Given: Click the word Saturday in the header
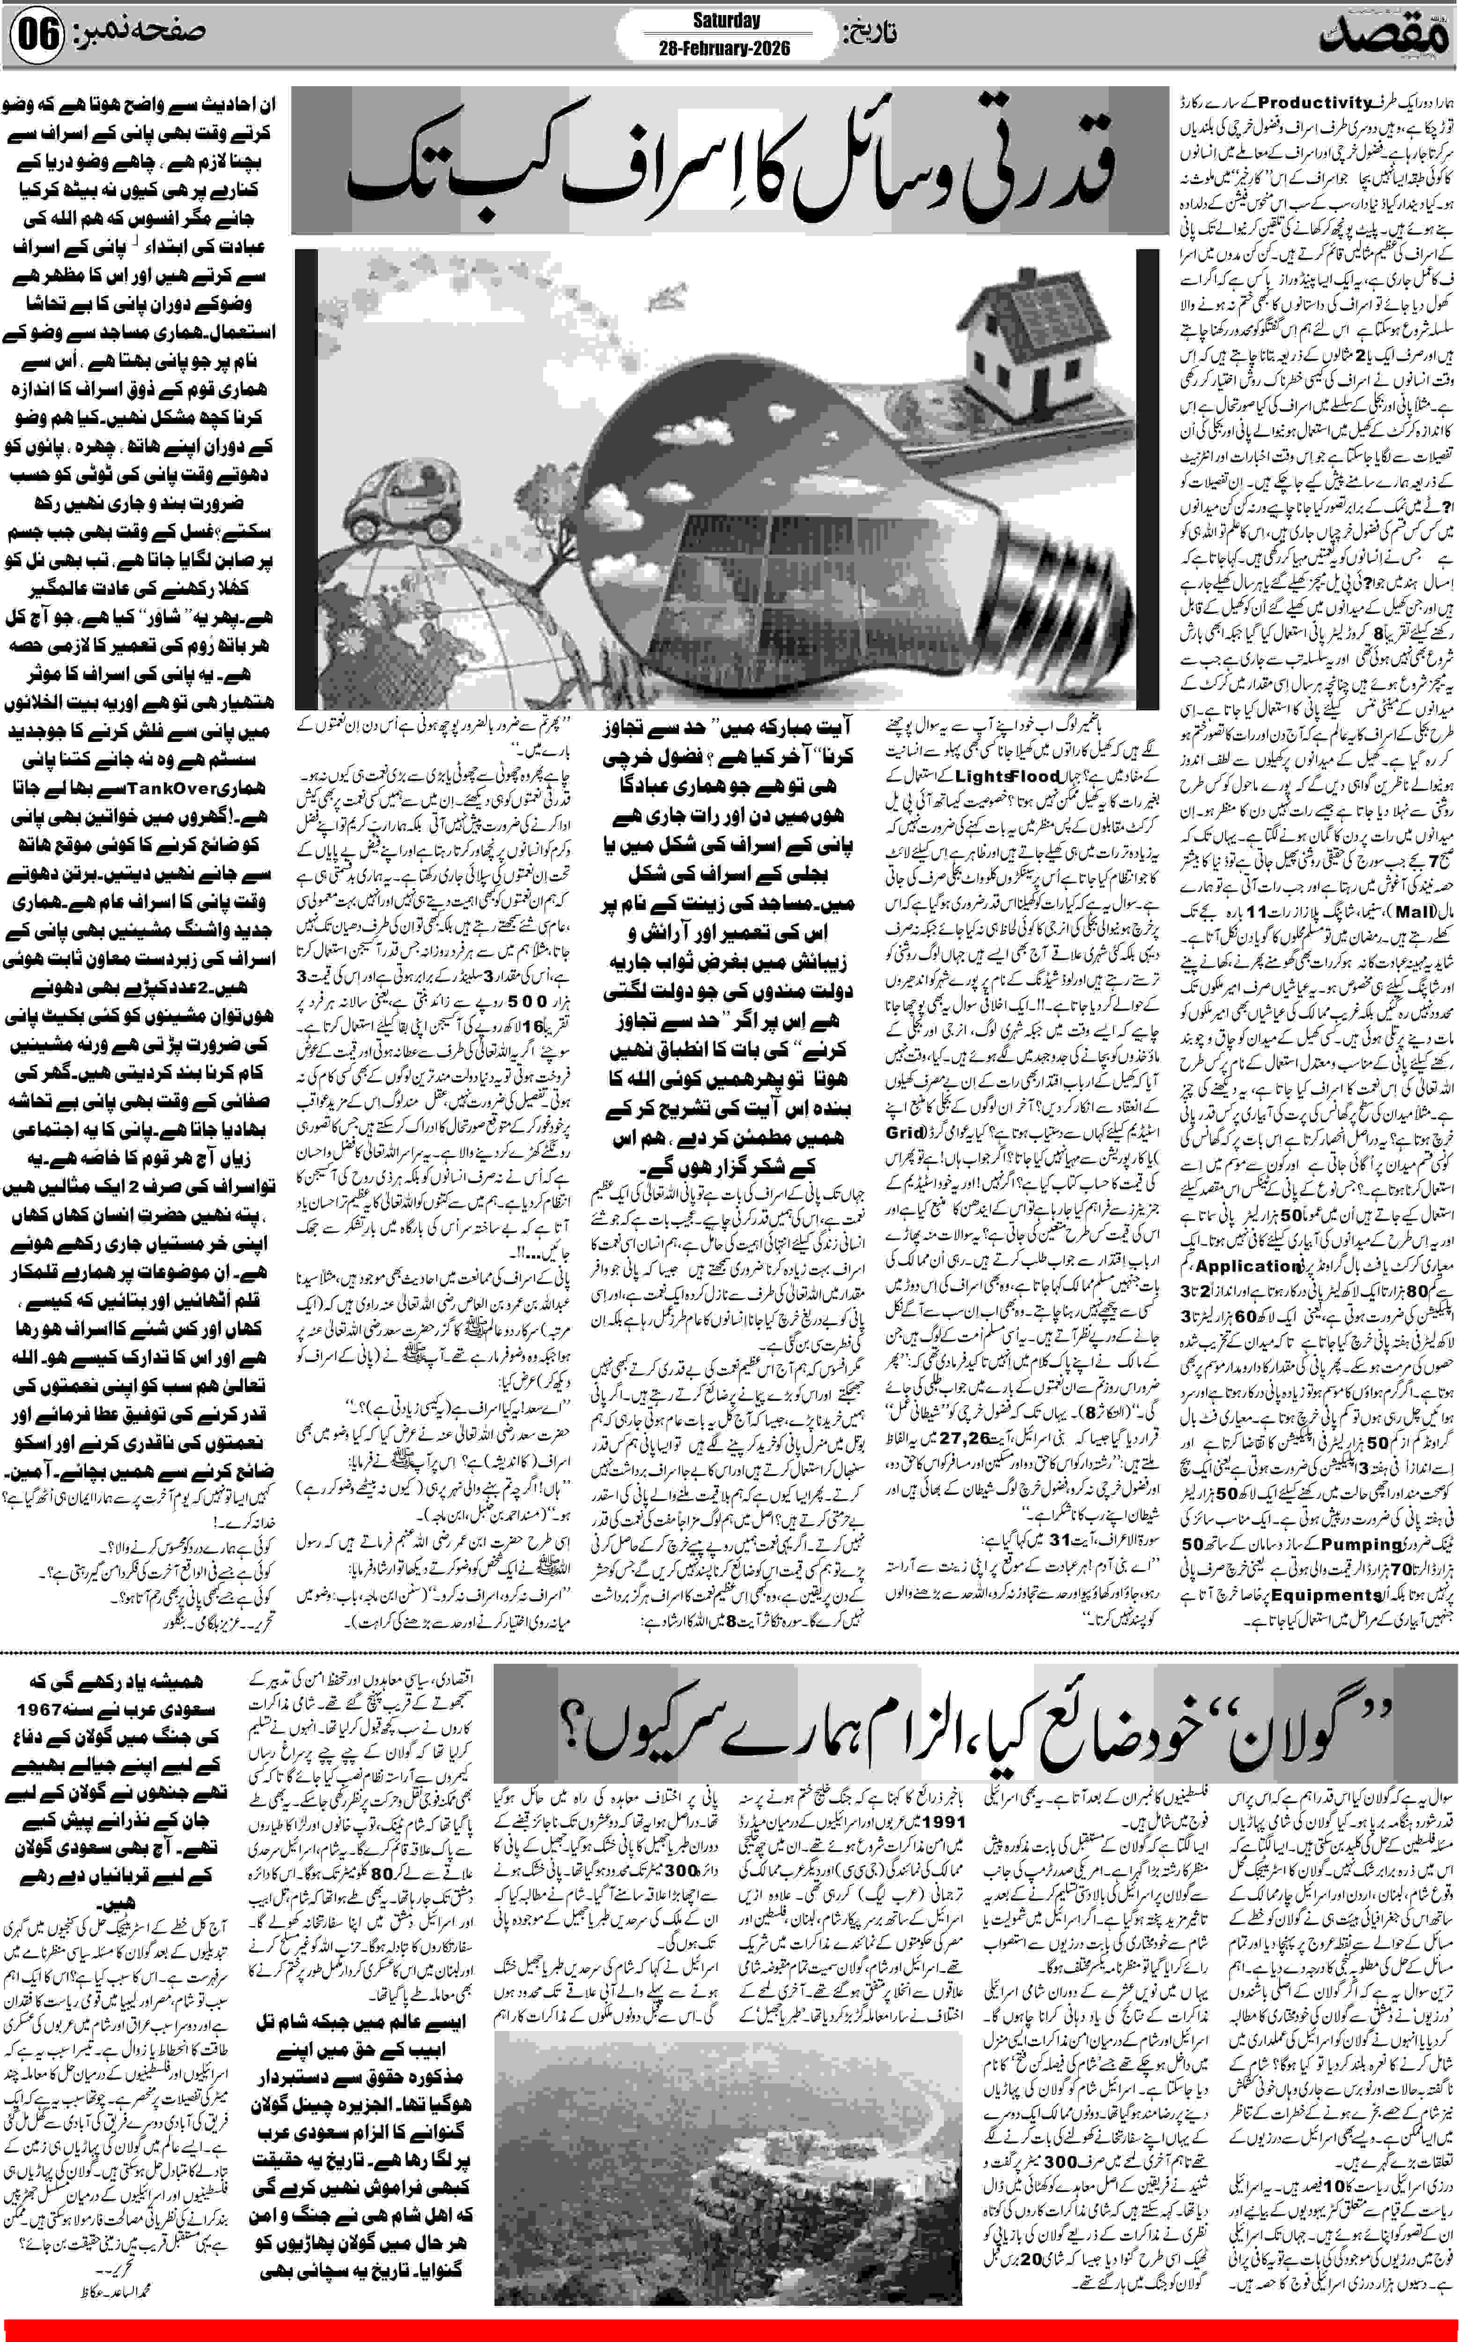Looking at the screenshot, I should pyautogui.click(x=726, y=20).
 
